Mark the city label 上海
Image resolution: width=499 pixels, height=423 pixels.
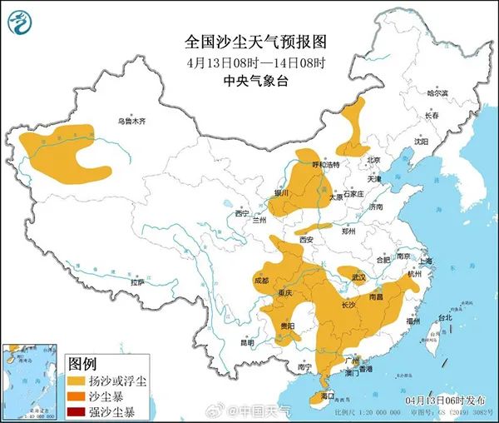(x=427, y=260)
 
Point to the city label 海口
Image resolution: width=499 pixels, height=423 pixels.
(x=327, y=396)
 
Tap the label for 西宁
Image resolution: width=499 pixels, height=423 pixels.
(x=242, y=213)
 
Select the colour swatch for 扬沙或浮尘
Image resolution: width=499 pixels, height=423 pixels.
(x=77, y=381)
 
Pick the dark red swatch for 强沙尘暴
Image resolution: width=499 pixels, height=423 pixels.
(x=77, y=411)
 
